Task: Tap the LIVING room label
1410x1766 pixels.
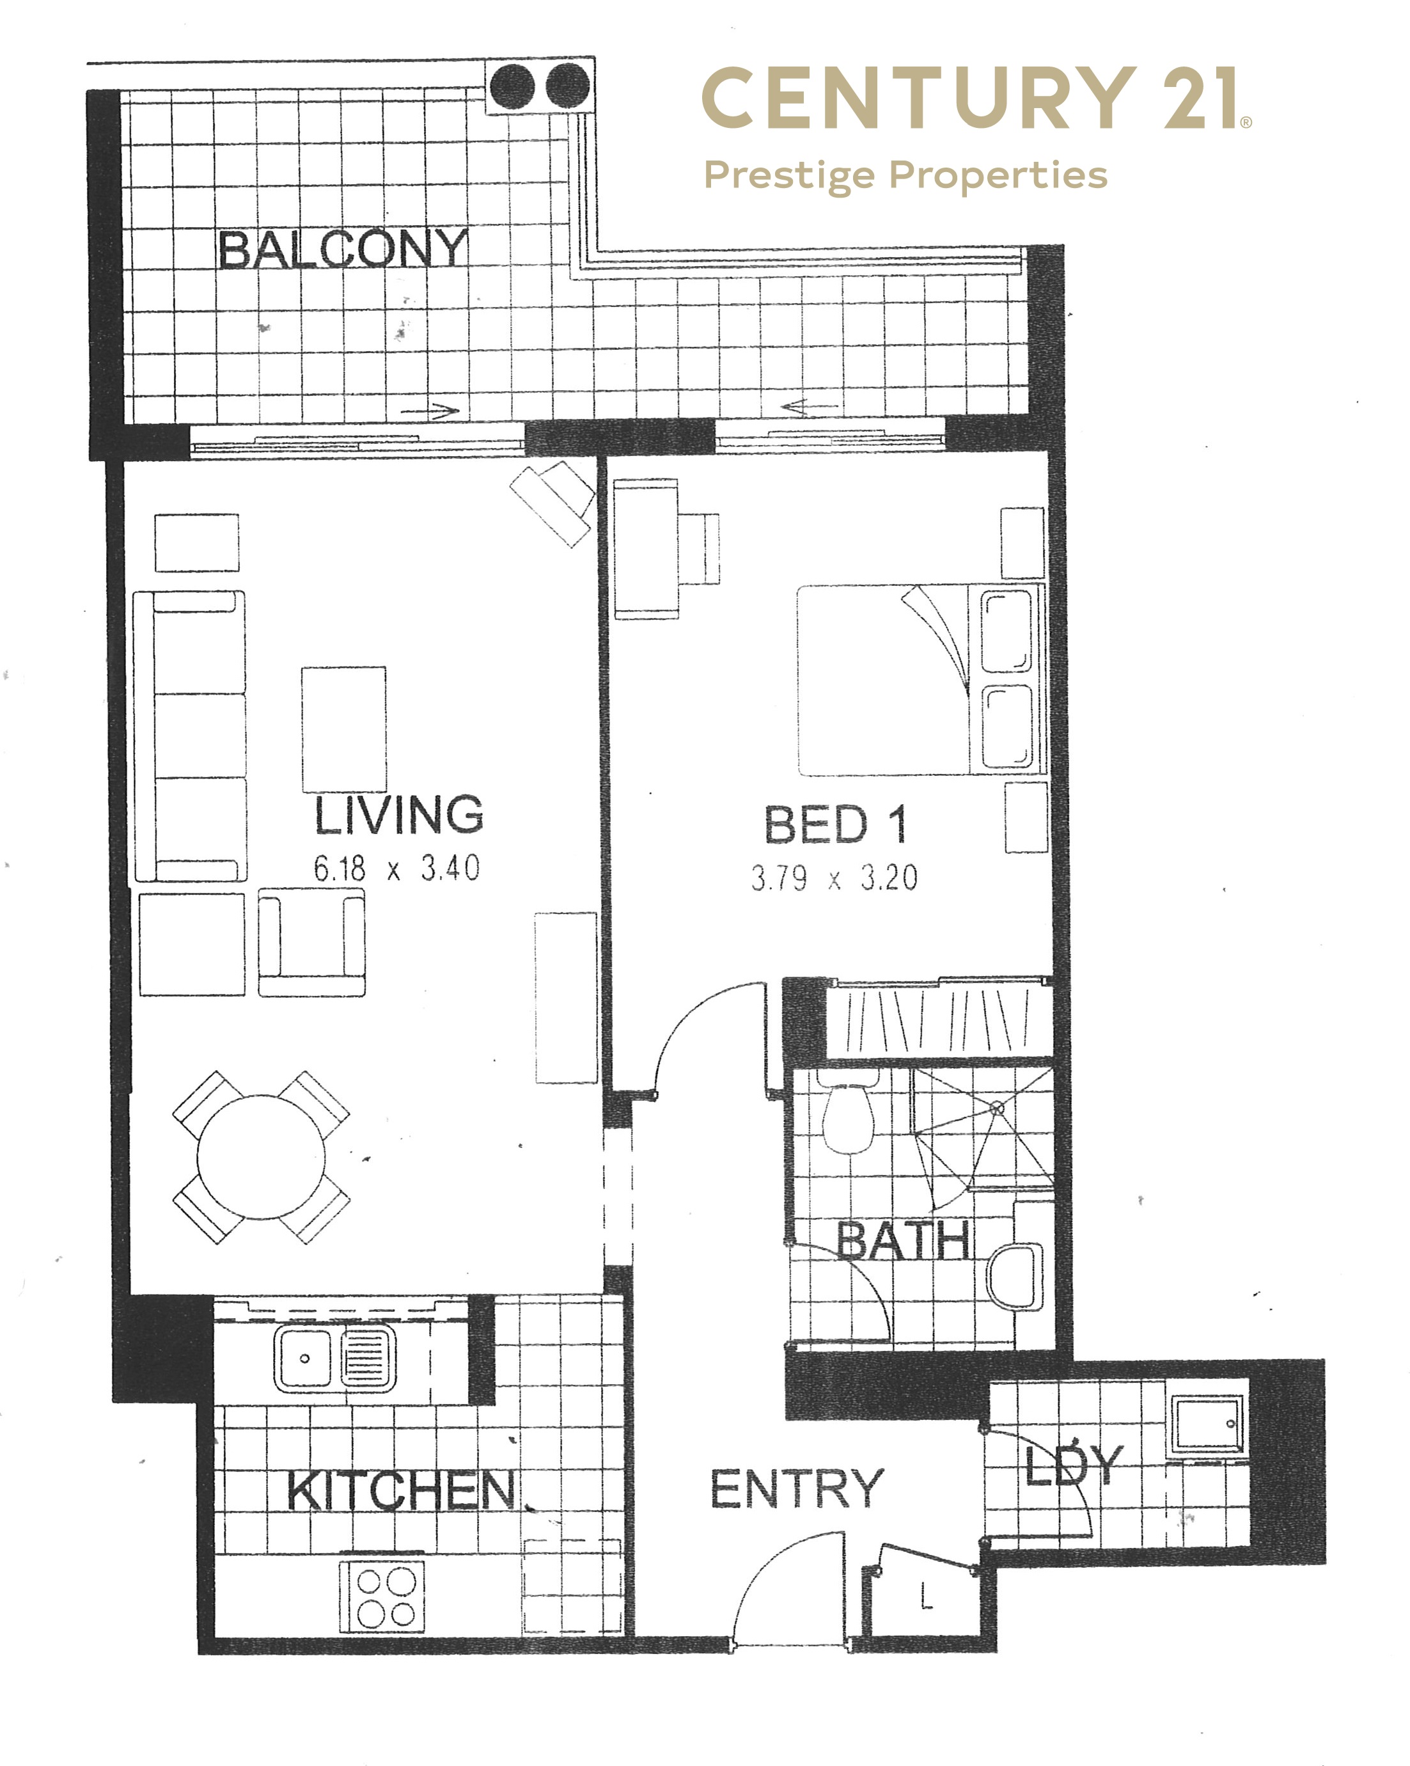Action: pos(399,815)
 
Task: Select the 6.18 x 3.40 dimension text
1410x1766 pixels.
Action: pos(396,868)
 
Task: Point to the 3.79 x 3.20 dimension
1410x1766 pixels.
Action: pos(834,879)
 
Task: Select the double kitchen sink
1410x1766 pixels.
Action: pos(335,1359)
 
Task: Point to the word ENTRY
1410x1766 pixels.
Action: pos(797,1488)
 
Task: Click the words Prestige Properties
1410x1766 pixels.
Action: pos(905,175)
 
